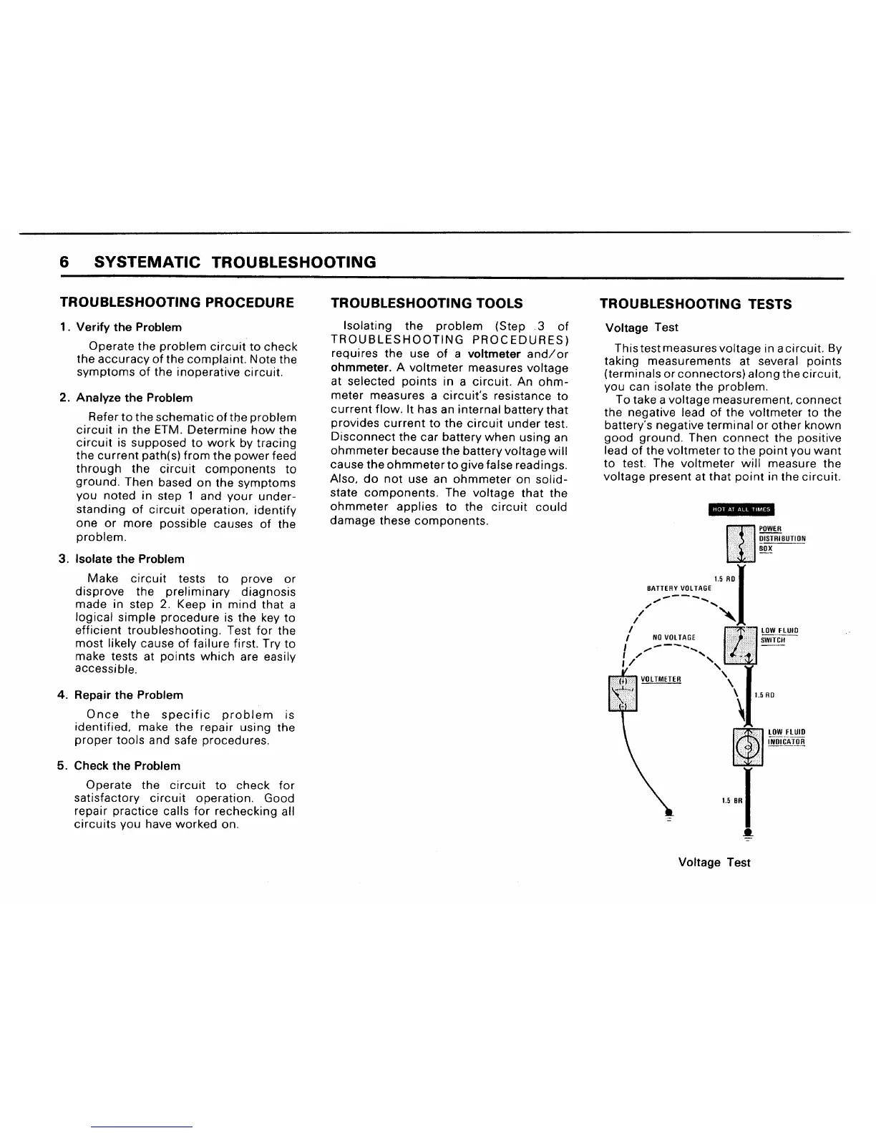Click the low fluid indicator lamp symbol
pyautogui.click(x=749, y=747)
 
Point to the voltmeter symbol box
pyautogui.click(x=623, y=693)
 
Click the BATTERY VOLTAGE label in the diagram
pyautogui.click(x=679, y=588)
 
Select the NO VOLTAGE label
pyautogui.click(x=674, y=637)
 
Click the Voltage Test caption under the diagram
pyautogui.click(x=714, y=863)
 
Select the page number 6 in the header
pyautogui.click(x=64, y=263)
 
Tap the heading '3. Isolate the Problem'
pyautogui.click(x=122, y=559)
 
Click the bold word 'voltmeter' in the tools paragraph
pyautogui.click(x=494, y=355)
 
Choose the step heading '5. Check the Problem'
pyautogui.click(x=119, y=765)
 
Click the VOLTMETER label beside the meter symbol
pyautogui.click(x=661, y=679)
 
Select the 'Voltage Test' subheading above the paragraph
pyautogui.click(x=641, y=328)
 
